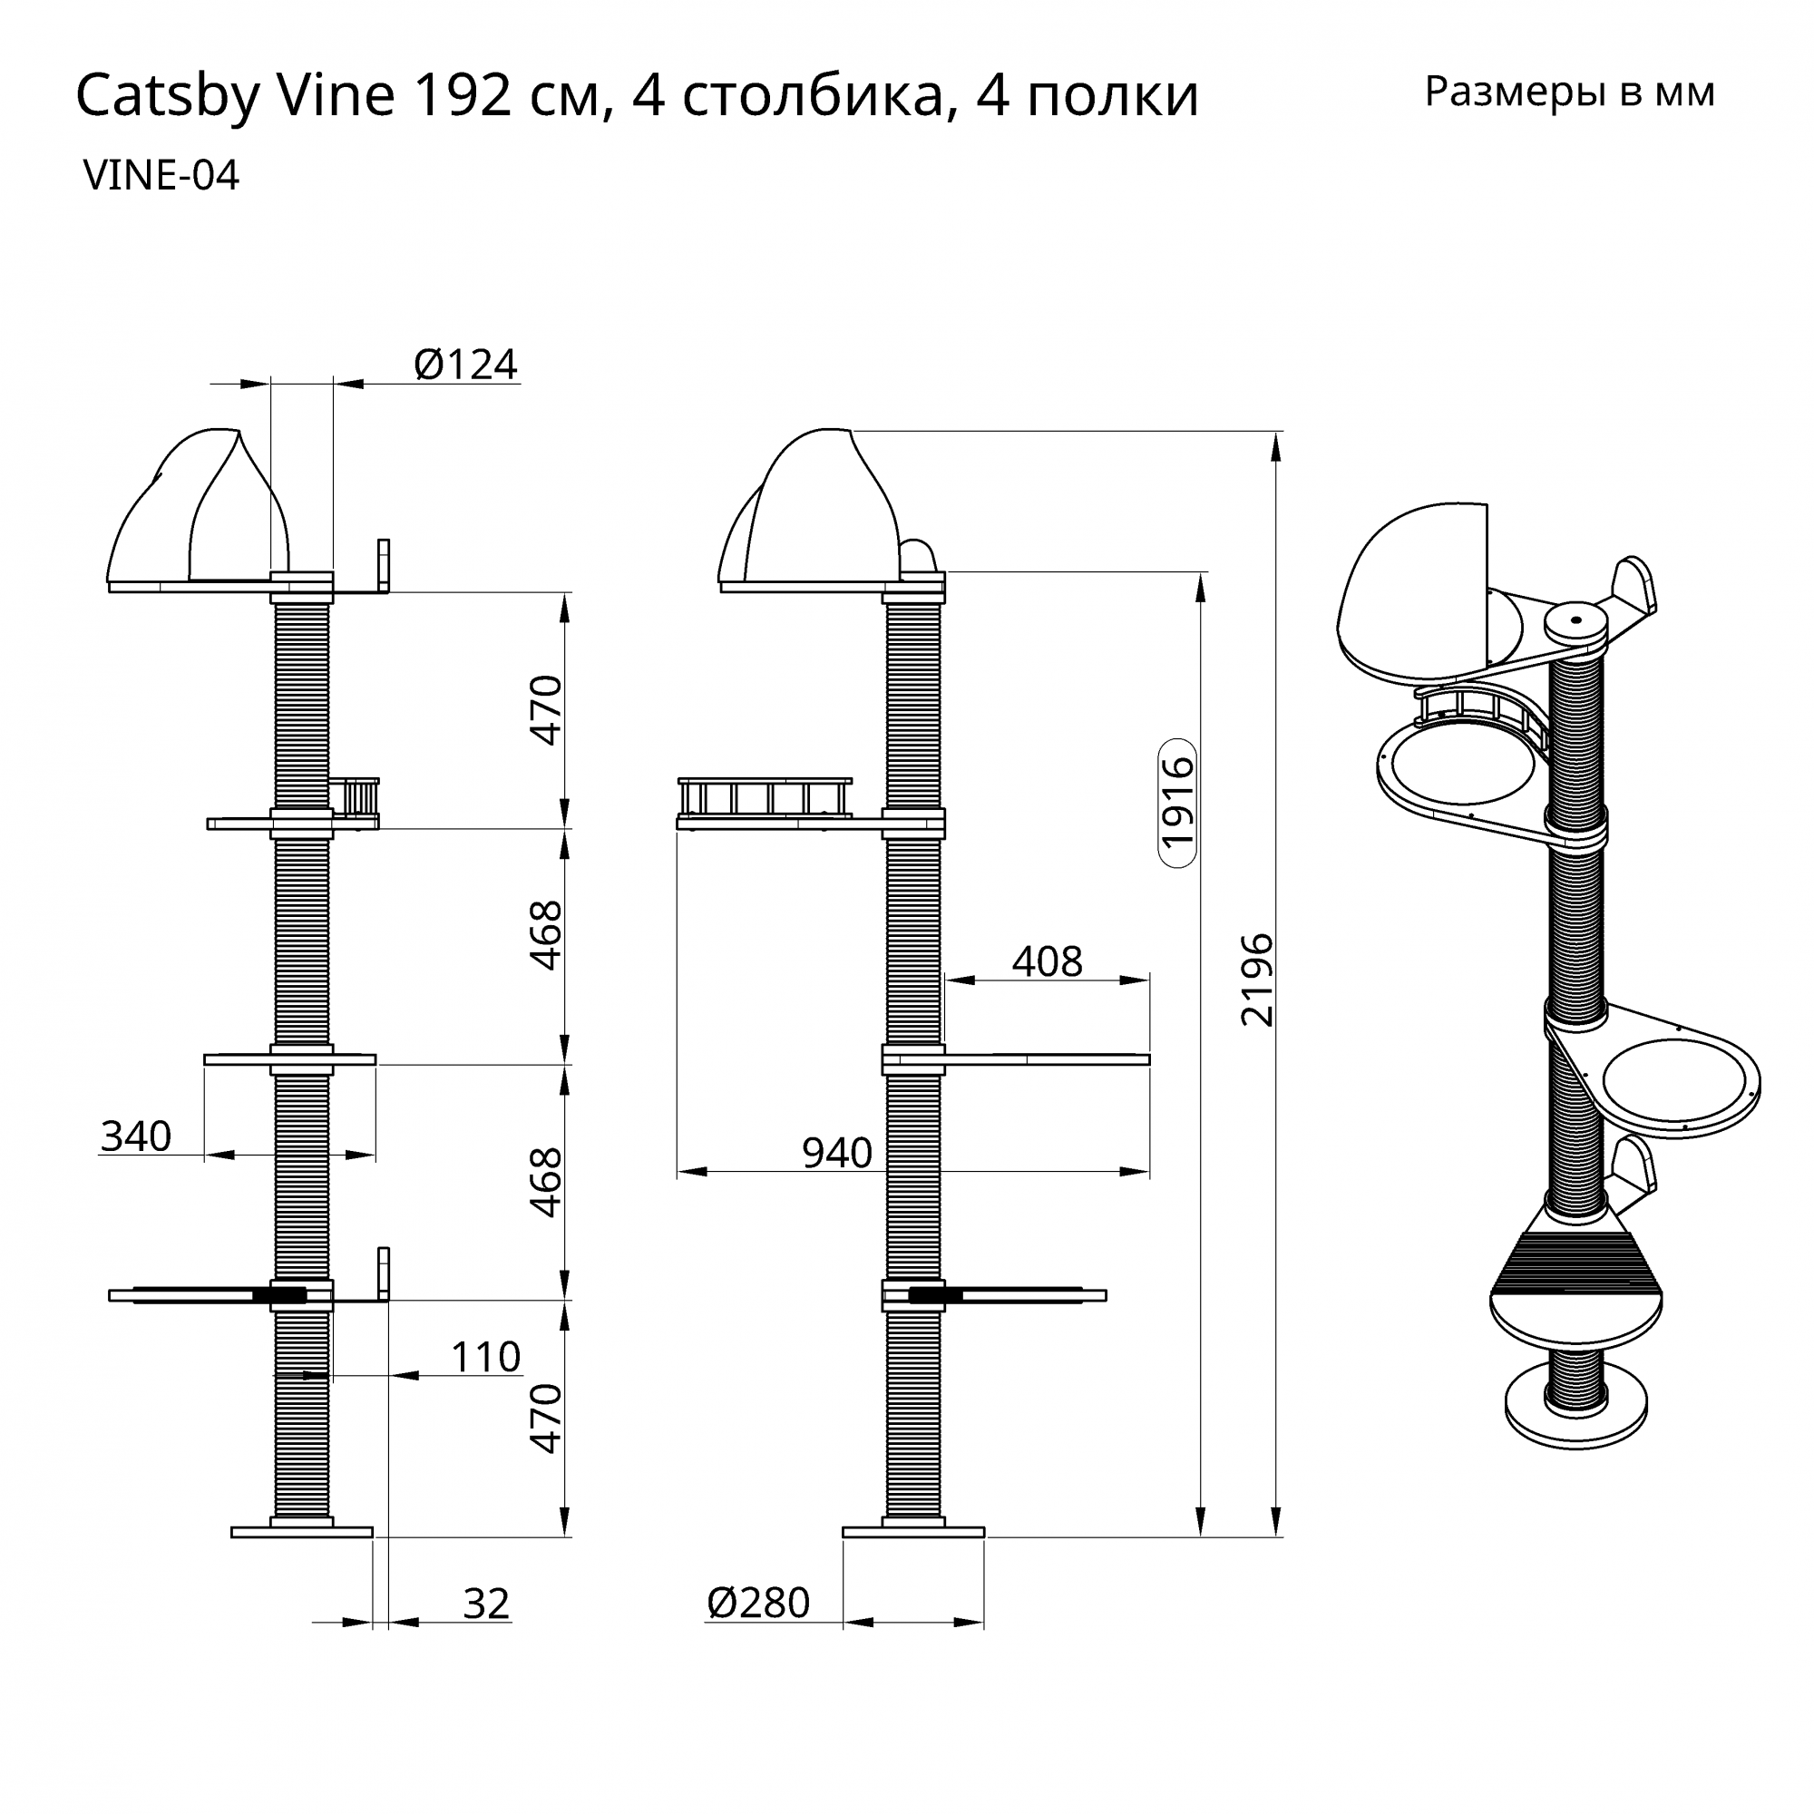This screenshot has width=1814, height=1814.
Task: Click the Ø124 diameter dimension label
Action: (x=465, y=366)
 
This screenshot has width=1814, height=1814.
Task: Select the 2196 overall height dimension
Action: (x=1257, y=980)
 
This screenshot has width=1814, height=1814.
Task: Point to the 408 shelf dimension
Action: (x=1047, y=961)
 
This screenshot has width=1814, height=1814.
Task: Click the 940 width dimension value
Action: (x=836, y=1153)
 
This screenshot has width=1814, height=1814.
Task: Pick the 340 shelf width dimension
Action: (x=136, y=1137)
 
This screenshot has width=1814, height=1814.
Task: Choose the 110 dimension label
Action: (x=485, y=1358)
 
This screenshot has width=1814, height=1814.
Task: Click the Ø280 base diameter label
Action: (x=758, y=1604)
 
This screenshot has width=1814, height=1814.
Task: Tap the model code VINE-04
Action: (x=161, y=176)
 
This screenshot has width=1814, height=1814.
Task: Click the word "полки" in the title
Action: (x=1113, y=97)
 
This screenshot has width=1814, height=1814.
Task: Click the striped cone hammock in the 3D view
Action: (x=1576, y=1263)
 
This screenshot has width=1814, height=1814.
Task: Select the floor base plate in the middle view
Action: (x=912, y=1532)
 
